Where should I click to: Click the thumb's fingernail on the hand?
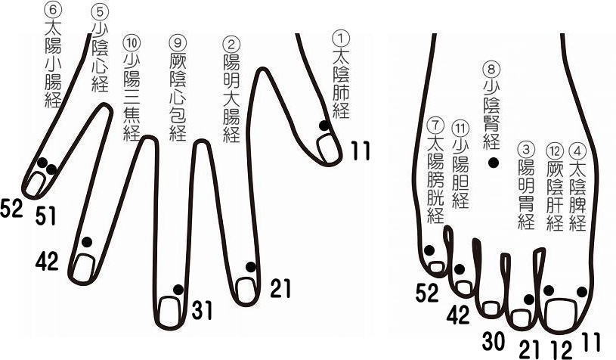tap(330, 149)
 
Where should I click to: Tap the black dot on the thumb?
tap(323, 126)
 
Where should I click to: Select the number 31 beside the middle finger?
tap(201, 309)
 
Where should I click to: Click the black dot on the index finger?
tap(250, 267)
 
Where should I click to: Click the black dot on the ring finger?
tap(85, 241)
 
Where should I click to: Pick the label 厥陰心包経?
tap(178, 91)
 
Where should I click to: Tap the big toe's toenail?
tap(559, 311)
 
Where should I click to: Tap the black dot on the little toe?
tap(429, 250)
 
